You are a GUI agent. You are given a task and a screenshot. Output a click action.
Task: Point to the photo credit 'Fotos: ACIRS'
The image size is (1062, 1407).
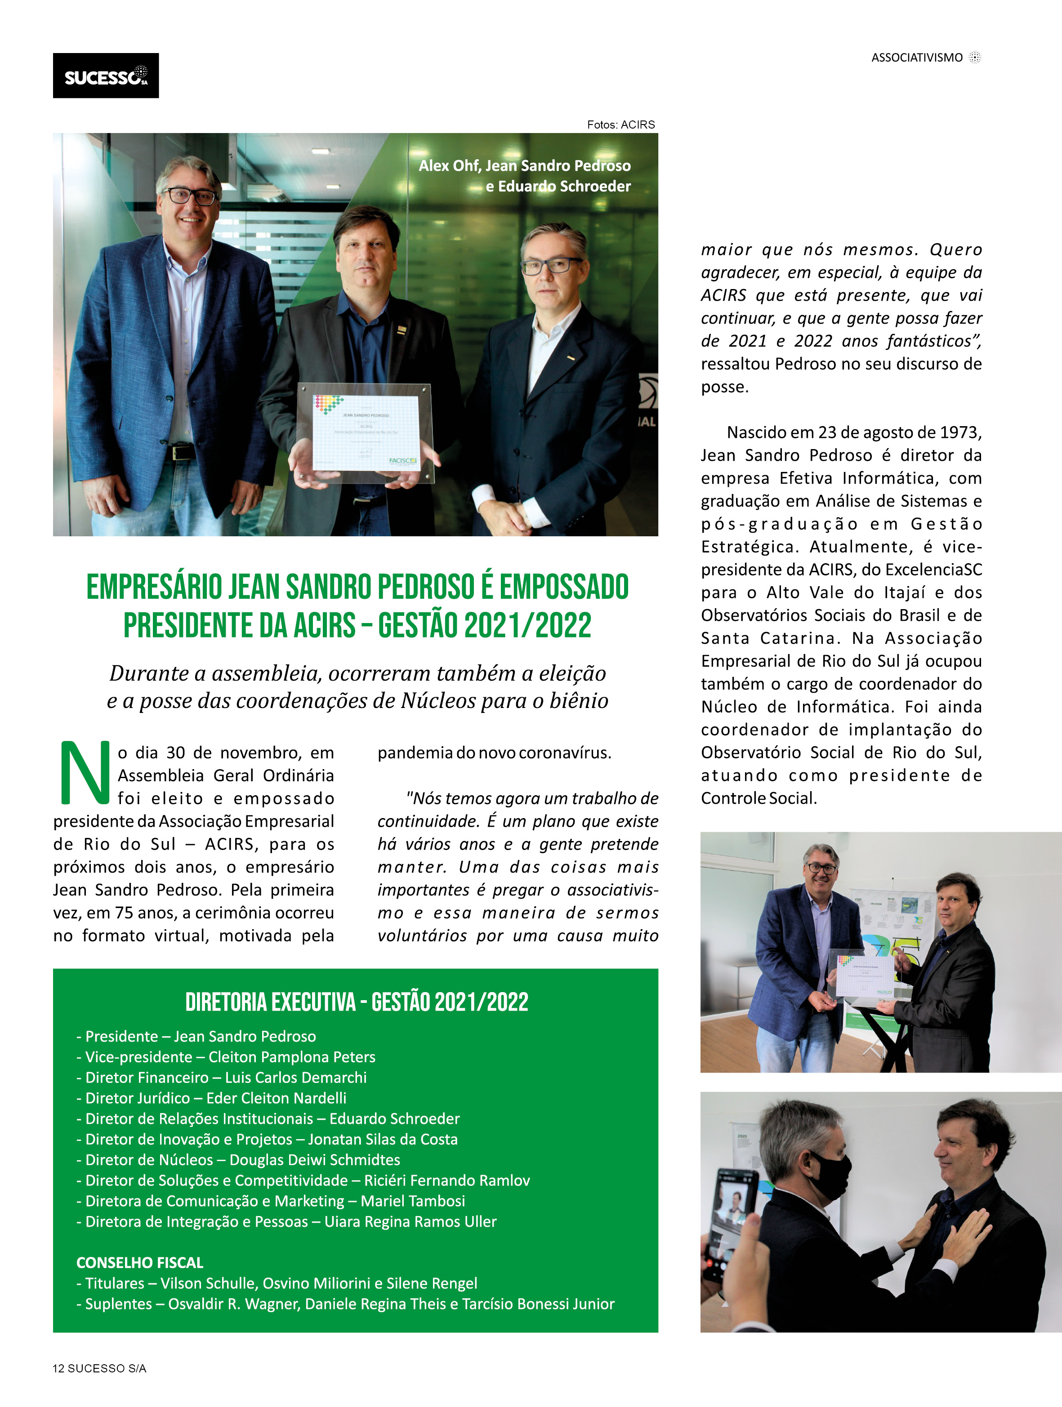coord(620,125)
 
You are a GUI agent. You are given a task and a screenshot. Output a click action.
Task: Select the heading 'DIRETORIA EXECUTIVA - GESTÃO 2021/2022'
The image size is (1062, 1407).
coord(357,1002)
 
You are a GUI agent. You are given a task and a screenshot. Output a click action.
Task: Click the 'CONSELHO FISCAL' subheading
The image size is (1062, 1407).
coord(139,1263)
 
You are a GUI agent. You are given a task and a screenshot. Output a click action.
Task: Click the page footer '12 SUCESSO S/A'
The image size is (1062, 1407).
coord(99,1368)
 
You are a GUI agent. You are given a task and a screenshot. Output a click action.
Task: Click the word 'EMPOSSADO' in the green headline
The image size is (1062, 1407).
coord(564,587)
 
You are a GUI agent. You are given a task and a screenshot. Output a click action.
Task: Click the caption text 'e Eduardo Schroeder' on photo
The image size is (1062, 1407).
coord(558,187)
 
